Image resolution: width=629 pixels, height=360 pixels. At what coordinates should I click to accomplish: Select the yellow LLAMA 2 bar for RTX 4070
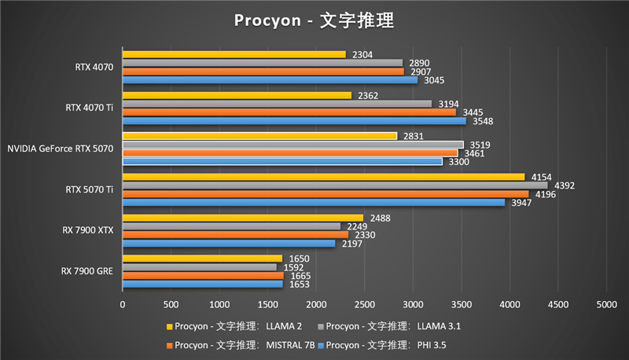click(234, 54)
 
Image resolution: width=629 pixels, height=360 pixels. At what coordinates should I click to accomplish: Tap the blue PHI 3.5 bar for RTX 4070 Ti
click(294, 121)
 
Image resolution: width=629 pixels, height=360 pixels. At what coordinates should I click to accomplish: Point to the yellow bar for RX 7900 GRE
click(202, 259)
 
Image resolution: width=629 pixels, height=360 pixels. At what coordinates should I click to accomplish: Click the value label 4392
click(566, 186)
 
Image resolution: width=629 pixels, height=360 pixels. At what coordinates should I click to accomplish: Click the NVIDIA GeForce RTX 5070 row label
click(61, 149)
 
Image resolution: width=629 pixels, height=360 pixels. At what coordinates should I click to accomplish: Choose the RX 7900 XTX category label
click(88, 230)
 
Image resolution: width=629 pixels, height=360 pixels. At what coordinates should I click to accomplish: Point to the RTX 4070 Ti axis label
click(90, 108)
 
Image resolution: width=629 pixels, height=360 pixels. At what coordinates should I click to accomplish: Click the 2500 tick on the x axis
click(364, 303)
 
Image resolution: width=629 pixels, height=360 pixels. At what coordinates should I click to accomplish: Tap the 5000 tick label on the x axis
click(606, 303)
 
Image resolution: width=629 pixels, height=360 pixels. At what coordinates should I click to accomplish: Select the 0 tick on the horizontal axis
click(123, 303)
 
